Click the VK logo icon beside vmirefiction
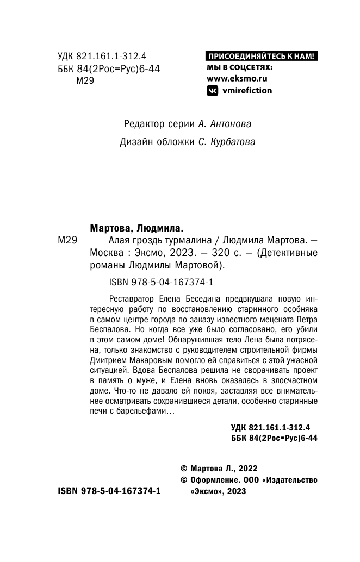pyautogui.click(x=212, y=91)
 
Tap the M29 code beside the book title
pyautogui.click(x=69, y=241)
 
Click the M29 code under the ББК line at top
pyautogui.click(x=87, y=80)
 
